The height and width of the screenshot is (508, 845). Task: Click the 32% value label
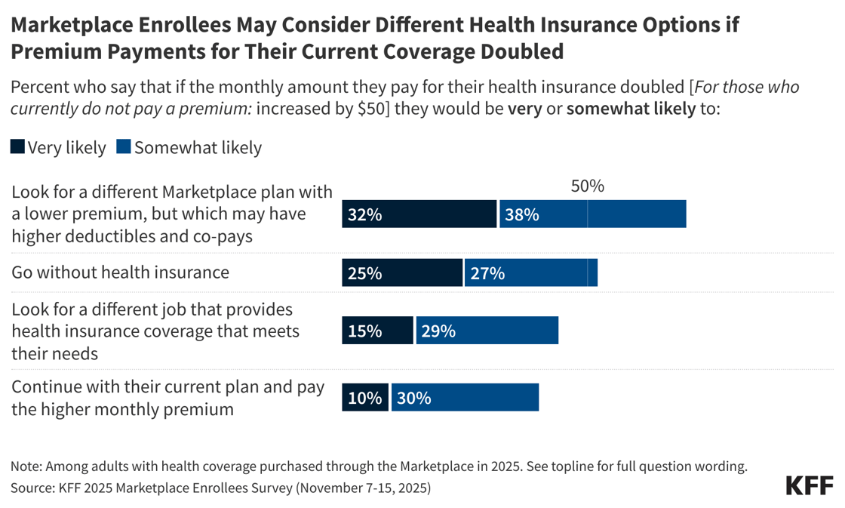tap(365, 214)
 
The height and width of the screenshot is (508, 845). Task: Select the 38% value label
tap(522, 214)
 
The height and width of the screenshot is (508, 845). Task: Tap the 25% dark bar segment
tap(402, 272)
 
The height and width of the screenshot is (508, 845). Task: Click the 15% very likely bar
tap(377, 331)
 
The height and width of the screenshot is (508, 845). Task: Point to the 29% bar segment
tap(487, 331)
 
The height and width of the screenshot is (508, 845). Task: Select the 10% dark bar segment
tap(365, 397)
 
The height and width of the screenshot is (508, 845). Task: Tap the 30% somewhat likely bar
tap(464, 397)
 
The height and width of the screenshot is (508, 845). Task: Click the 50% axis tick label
tap(587, 186)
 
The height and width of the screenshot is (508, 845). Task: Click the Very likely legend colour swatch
tap(17, 147)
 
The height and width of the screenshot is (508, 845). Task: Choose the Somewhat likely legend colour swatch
tap(124, 147)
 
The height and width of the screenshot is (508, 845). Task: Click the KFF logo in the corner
tap(810, 485)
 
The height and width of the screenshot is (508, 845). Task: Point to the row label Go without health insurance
tap(120, 272)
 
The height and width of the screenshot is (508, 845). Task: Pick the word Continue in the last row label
tap(45, 387)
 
